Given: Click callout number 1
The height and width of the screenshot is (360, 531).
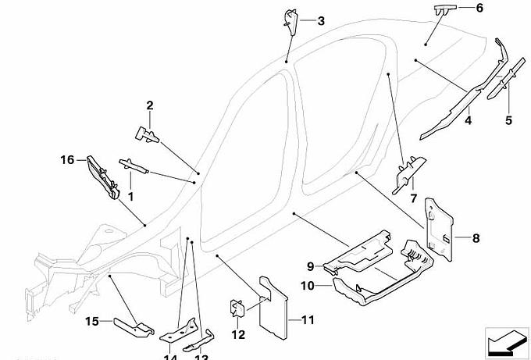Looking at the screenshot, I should pos(131,197).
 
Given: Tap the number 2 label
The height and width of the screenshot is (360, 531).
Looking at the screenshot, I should pos(150,105).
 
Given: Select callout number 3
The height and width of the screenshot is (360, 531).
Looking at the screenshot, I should pos(320,20).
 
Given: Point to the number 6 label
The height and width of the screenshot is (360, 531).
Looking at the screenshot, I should pos(479,8).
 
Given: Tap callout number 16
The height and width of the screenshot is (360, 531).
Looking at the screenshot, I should pos(68,160).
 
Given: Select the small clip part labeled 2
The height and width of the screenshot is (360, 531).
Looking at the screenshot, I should pos(147,134).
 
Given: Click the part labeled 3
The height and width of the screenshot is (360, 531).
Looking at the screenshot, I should pos(290,20).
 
